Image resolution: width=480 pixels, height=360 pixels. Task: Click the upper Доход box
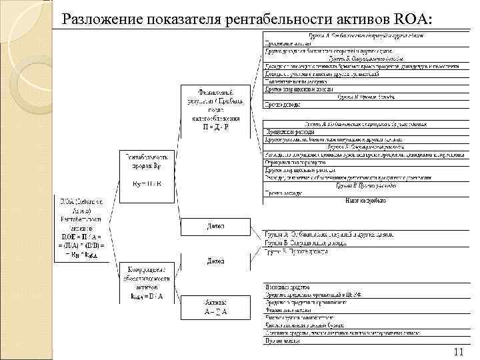(215, 227)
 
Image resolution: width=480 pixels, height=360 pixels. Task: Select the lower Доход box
(215, 261)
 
